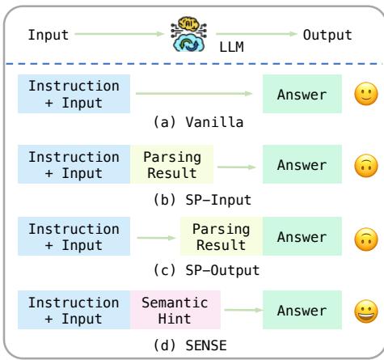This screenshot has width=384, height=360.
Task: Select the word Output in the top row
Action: click(327, 35)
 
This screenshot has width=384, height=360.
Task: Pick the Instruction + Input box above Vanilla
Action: click(74, 95)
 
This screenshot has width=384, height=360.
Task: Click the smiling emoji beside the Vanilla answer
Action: click(363, 95)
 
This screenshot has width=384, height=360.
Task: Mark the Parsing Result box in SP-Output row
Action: click(221, 237)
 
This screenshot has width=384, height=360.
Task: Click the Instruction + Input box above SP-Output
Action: click(74, 237)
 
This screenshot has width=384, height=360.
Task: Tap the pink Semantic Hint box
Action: click(175, 310)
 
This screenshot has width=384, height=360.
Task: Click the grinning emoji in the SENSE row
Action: click(363, 310)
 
